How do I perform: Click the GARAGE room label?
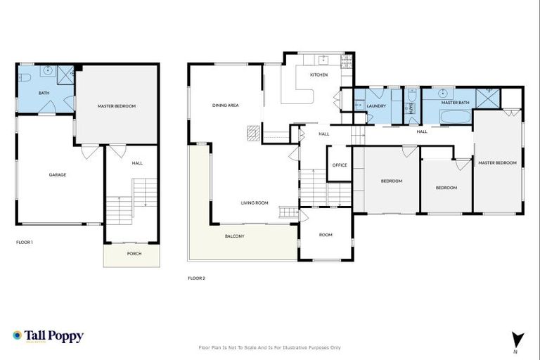click(58, 174)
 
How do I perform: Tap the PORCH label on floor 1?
click(134, 254)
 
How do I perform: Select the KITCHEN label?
click(319, 75)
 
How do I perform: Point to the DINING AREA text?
click(226, 105)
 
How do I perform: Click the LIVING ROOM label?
click(255, 202)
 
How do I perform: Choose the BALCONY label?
click(234, 236)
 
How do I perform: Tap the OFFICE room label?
click(340, 165)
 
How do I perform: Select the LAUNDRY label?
click(377, 106)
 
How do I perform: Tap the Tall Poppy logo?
click(48, 336)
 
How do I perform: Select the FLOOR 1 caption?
click(25, 242)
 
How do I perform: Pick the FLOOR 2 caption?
click(196, 278)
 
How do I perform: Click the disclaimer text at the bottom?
click(270, 347)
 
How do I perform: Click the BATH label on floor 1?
click(44, 93)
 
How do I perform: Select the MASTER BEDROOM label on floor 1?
click(116, 106)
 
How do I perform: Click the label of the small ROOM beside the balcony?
click(326, 235)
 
